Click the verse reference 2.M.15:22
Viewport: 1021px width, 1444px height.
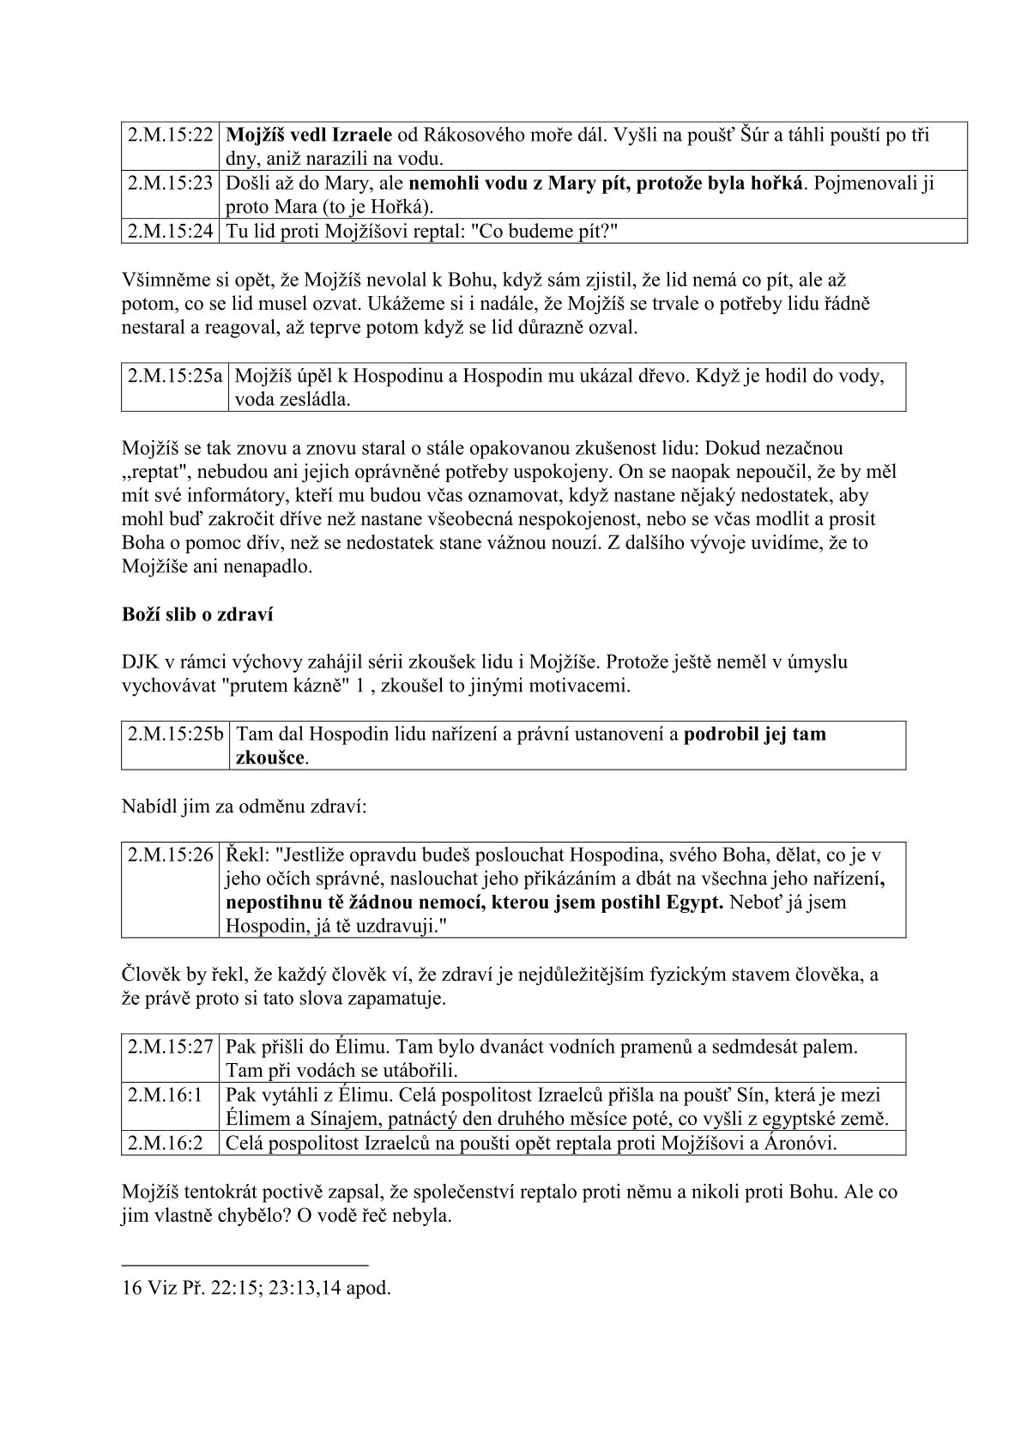point(171,136)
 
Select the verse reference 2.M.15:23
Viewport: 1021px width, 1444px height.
point(171,184)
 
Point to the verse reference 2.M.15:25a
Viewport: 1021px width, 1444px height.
point(175,376)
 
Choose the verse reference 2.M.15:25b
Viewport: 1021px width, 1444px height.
point(175,734)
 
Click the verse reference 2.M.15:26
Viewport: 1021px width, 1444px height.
point(171,855)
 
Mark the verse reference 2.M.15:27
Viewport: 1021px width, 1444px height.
point(171,1048)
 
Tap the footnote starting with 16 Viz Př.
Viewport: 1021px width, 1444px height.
point(257,1288)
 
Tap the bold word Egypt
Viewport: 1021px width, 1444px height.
point(695,903)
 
